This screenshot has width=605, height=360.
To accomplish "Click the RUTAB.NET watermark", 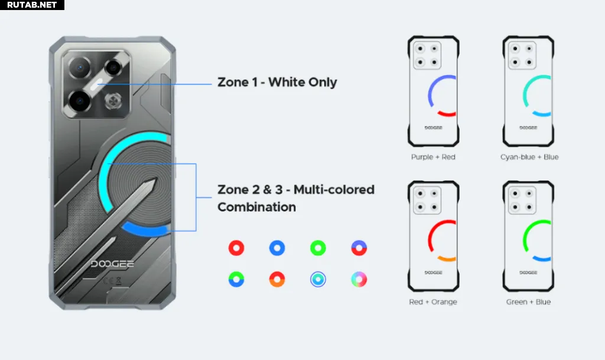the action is click(x=32, y=5).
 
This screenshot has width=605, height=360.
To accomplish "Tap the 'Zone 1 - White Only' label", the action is click(x=277, y=82).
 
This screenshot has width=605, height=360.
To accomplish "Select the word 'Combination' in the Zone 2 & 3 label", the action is click(x=256, y=207).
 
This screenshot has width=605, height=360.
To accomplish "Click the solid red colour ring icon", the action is click(x=236, y=248).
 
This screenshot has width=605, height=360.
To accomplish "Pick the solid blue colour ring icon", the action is click(x=277, y=248).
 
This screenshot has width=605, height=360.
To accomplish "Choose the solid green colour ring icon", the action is click(x=318, y=248).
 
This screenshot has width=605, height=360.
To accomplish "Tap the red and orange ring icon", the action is click(x=277, y=280).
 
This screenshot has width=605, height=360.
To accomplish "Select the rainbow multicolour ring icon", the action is click(x=359, y=280).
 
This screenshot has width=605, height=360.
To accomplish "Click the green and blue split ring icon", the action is click(x=236, y=280).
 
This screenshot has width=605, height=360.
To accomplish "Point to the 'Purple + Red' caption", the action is click(x=433, y=157).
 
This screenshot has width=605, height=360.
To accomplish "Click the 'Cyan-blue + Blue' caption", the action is click(x=529, y=157).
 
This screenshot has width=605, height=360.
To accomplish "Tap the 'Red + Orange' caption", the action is click(x=433, y=301).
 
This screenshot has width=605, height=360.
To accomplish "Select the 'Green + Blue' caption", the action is click(x=528, y=301).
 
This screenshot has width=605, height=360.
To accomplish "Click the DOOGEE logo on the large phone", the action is click(x=112, y=264).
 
